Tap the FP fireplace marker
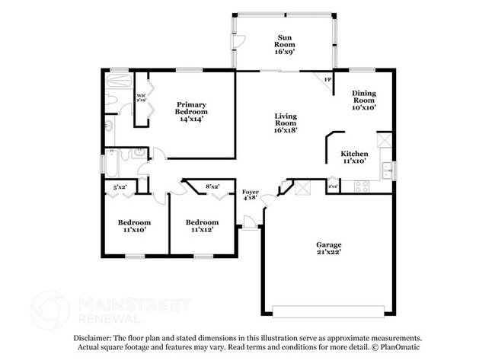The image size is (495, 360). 328,80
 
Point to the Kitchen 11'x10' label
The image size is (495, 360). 356,157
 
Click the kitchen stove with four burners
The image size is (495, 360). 361,185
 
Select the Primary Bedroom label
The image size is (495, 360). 193,110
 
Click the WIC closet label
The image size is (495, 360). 141,98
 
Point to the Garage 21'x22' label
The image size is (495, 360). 329,248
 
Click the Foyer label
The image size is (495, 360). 250,194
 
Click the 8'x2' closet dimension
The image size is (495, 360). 212,186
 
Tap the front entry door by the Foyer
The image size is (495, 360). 248,221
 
